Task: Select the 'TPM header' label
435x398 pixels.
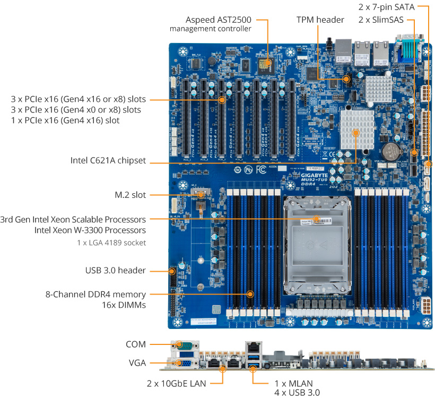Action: click(x=320, y=20)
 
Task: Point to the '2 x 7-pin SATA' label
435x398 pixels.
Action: click(x=385, y=7)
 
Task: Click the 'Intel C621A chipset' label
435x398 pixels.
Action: click(x=108, y=160)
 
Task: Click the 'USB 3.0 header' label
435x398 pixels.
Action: click(x=115, y=271)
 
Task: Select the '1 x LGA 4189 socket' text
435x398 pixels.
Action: click(x=111, y=243)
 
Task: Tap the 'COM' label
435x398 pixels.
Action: click(x=136, y=344)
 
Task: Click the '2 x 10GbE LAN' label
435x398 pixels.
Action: click(x=176, y=383)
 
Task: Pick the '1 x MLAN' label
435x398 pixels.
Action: click(x=293, y=383)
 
